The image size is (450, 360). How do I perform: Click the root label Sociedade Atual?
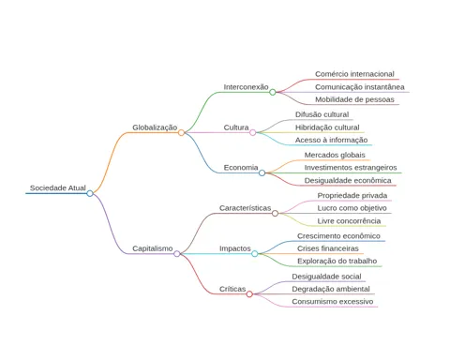(58, 187)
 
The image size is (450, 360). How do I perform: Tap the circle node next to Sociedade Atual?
(90, 193)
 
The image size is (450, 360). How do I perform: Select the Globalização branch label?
(155, 127)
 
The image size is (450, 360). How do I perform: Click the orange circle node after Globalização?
(181, 133)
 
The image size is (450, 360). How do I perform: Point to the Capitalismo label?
(153, 248)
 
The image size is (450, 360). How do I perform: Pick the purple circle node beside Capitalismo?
(177, 254)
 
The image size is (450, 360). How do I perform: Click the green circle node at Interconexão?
(273, 92)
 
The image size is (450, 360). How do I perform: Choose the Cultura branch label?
(236, 127)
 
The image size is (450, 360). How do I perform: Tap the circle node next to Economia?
(262, 172)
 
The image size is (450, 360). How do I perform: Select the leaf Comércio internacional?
(354, 74)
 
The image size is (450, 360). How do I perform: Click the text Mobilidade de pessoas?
(354, 99)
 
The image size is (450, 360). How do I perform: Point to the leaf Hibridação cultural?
(327, 127)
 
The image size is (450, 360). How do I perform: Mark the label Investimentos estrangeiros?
(351, 168)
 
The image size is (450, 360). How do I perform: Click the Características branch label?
(245, 208)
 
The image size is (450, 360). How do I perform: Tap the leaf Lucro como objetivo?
(352, 208)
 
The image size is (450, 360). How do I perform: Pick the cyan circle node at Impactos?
(255, 254)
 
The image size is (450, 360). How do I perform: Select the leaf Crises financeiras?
(328, 248)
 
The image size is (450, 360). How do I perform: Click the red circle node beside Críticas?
(249, 294)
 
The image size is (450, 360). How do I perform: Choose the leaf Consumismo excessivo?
(333, 302)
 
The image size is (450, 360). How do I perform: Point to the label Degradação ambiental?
(331, 289)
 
